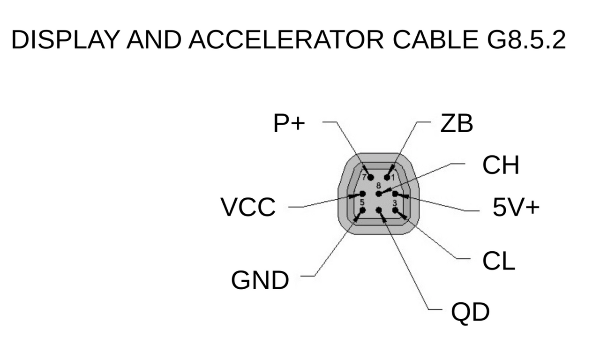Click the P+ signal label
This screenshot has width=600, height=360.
[x=289, y=123]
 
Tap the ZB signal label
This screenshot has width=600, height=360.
[x=457, y=123]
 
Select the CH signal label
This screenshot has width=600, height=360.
[x=501, y=165]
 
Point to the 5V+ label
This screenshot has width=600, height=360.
[x=516, y=207]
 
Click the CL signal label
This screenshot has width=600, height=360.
[x=499, y=261]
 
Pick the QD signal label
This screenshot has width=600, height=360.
[x=470, y=312]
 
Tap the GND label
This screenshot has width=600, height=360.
[x=260, y=280]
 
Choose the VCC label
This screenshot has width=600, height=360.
[x=248, y=207]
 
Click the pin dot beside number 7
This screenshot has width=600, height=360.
[x=371, y=177]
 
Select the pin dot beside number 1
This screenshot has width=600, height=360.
[x=387, y=177]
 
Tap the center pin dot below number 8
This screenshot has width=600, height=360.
[x=379, y=194]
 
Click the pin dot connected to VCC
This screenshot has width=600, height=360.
[x=363, y=194]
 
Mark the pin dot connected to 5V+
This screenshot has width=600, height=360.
[x=395, y=194]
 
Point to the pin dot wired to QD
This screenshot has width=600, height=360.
[x=379, y=210]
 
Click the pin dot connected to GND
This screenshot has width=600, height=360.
[x=362, y=210]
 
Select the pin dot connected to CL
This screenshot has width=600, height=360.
[x=395, y=210]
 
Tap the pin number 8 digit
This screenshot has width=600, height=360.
[x=378, y=185]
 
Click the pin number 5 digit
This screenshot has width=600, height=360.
[x=362, y=202]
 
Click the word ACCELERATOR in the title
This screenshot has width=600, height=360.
[x=286, y=40]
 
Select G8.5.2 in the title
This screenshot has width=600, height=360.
[x=526, y=40]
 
